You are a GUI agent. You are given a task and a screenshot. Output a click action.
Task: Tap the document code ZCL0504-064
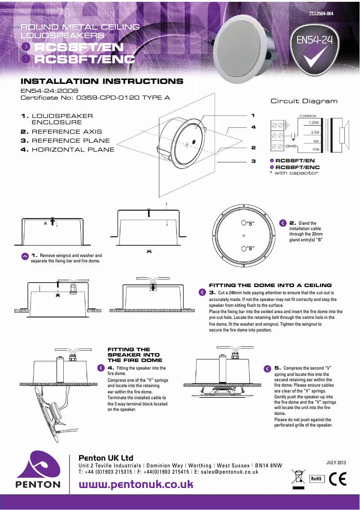coord(321,14)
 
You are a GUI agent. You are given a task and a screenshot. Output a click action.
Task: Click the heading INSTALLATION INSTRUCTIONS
coord(102,82)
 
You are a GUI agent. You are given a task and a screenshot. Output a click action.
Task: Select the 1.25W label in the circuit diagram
coord(313,122)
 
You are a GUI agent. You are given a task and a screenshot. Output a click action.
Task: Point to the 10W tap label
coord(316,149)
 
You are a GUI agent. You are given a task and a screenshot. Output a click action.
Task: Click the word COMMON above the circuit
coord(307,116)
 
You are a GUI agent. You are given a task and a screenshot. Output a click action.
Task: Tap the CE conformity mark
coord(338,478)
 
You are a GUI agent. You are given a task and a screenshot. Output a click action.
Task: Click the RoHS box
coord(317,478)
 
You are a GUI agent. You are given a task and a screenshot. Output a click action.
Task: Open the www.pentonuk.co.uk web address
coord(136,484)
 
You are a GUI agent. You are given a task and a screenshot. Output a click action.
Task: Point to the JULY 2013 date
coord(336,462)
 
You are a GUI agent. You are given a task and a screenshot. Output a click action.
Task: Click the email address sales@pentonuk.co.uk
coord(229,472)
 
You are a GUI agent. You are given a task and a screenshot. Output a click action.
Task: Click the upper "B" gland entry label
coord(248,223)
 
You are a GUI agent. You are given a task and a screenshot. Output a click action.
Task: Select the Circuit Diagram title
coord(304,101)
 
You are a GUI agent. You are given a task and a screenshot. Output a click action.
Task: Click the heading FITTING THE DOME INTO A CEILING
coord(270,285)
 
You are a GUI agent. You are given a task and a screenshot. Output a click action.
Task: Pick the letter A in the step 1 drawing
coord(45,223)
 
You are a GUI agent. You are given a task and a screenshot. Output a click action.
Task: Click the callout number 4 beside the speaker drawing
coord(253,127)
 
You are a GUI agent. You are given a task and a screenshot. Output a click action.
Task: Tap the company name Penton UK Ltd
coord(106,458)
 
